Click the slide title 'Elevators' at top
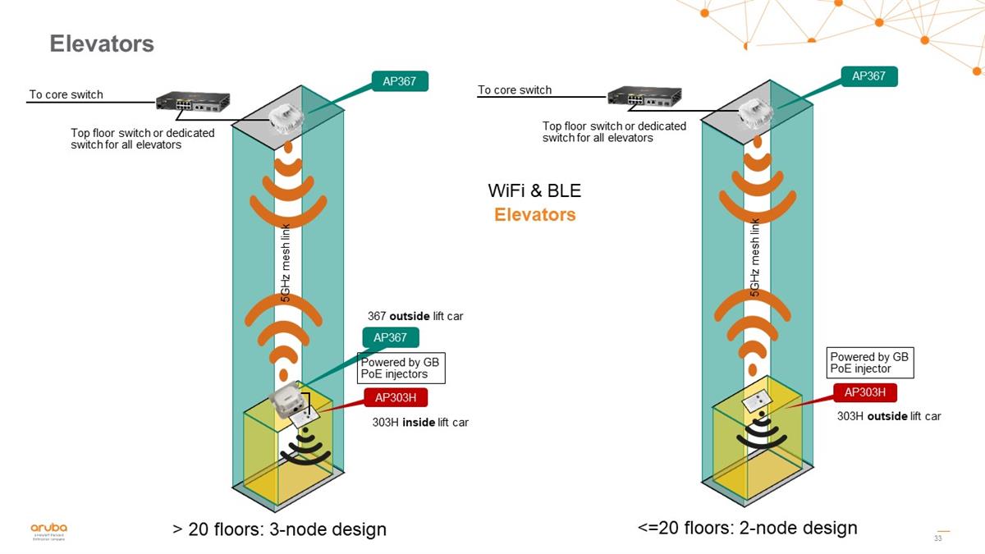tap(102, 43)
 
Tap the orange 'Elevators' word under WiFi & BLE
tap(534, 215)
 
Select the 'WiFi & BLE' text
tap(534, 191)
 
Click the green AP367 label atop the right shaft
tap(868, 76)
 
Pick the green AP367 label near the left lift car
tap(391, 337)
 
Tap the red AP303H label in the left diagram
tap(396, 398)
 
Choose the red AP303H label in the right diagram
tap(864, 393)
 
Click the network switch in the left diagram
tap(193, 102)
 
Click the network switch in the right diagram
tap(644, 97)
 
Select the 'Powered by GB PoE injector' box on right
tap(870, 363)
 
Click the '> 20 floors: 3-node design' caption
tap(279, 529)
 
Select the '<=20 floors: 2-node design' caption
tap(747, 528)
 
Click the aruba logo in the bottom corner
tap(49, 530)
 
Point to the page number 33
tap(938, 538)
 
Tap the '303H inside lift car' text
tap(420, 423)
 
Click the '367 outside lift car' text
tap(415, 316)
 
